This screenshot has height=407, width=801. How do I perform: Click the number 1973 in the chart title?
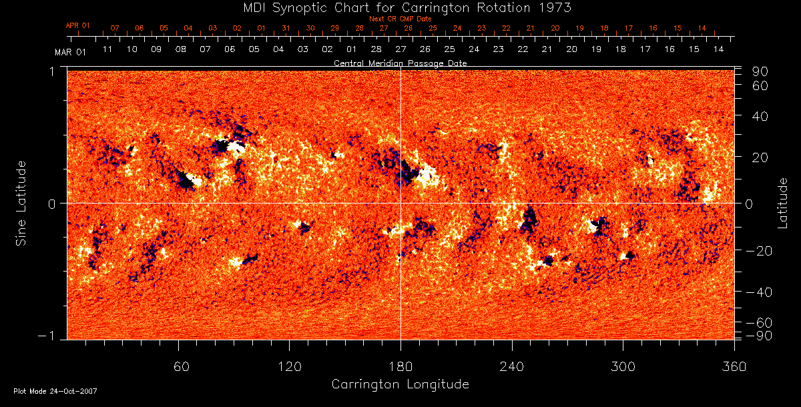tap(553, 7)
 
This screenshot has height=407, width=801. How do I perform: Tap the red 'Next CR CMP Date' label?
tap(400, 19)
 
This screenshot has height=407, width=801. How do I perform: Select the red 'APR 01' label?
tap(78, 25)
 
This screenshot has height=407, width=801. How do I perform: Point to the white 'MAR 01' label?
tap(69, 51)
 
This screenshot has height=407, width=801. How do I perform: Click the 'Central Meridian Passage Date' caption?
tap(400, 63)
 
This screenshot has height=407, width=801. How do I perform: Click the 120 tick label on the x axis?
tap(290, 366)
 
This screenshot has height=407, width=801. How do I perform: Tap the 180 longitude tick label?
tap(400, 366)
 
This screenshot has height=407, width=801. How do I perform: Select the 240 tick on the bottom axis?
tap(511, 366)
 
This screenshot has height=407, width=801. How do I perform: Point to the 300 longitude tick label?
tap(622, 366)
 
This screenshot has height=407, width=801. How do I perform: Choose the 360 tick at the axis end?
tap(733, 366)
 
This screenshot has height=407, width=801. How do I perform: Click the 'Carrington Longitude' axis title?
tap(400, 384)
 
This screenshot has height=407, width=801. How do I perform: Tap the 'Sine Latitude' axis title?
tap(22, 203)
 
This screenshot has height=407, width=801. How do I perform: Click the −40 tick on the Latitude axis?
tap(759, 292)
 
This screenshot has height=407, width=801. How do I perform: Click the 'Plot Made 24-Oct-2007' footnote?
tap(55, 391)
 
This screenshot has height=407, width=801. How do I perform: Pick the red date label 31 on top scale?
tap(286, 28)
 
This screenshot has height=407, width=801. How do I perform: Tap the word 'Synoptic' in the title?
tap(297, 7)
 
